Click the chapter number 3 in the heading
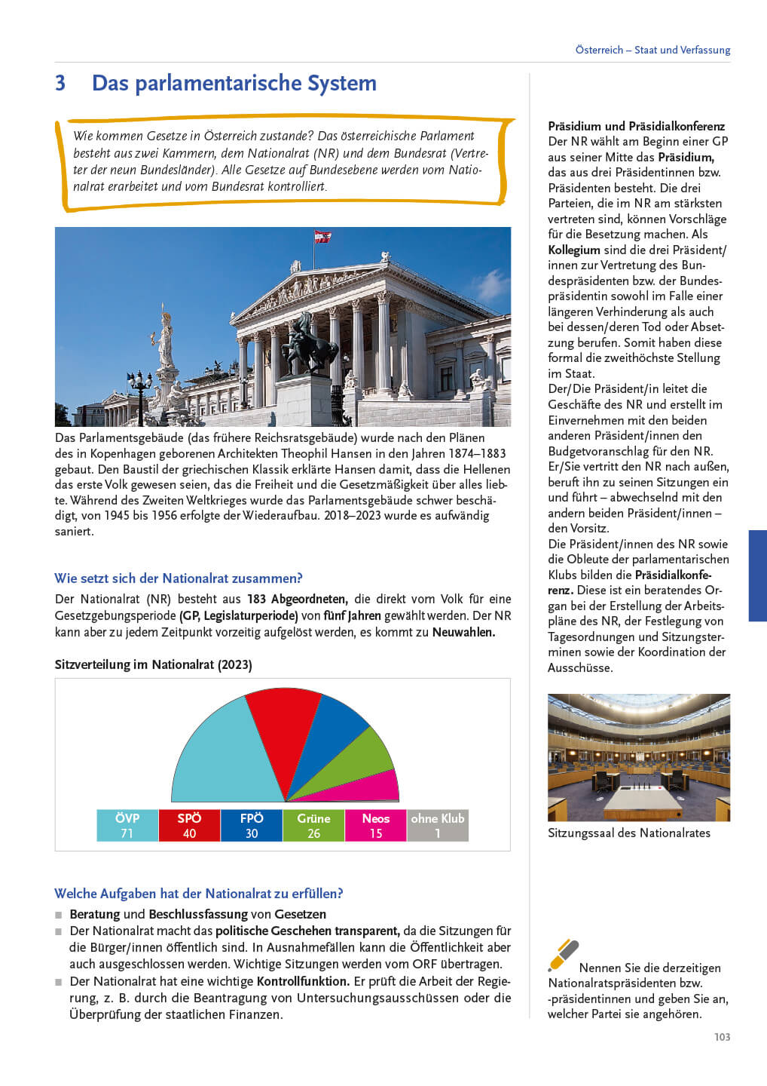[x=60, y=83]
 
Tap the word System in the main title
[x=341, y=83]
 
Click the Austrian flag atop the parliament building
[x=322, y=237]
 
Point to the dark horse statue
[x=308, y=344]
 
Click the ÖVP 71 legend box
[x=127, y=825]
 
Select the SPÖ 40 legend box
[x=189, y=825]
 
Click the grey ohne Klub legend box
[x=438, y=825]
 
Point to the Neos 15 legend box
[x=375, y=825]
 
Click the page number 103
[x=722, y=1037]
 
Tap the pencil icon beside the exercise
[x=564, y=955]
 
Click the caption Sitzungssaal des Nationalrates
[x=629, y=833]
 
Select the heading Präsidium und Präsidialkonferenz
[x=636, y=126]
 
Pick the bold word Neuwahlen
[x=463, y=632]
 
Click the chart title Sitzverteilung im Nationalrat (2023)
[x=153, y=664]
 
